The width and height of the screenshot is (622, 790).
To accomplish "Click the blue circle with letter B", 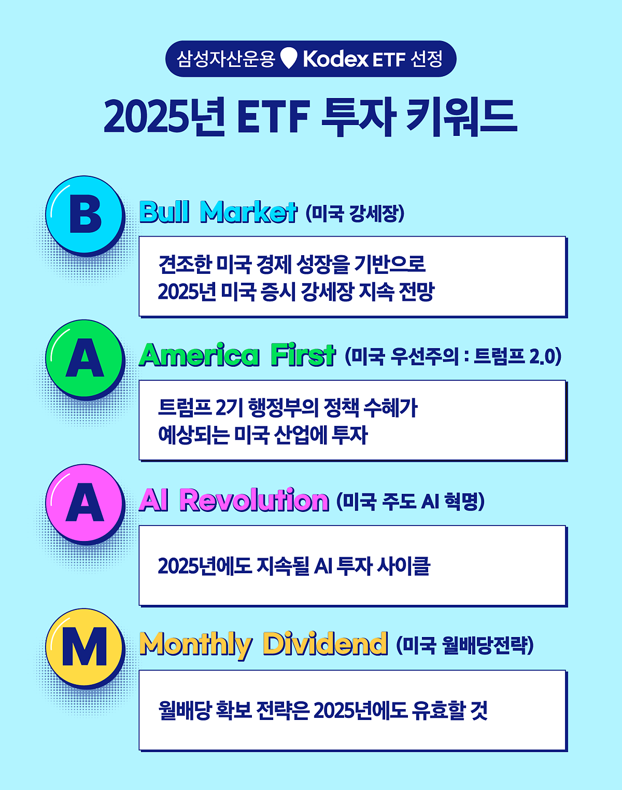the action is pos(84,214).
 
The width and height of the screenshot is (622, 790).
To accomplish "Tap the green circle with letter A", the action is pos(84,358).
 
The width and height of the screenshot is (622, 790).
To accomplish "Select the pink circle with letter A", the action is pos(84,503).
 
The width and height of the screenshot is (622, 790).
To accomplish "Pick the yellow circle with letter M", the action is pos(84,647).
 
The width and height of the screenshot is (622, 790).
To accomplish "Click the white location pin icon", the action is pos(289,58).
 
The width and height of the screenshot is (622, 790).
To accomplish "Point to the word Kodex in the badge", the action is pos(335,59).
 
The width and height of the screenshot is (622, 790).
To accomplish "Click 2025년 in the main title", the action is pos(164,117).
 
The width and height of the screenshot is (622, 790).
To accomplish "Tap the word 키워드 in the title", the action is pos(462,117).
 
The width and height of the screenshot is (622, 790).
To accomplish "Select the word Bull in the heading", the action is pos(164,212).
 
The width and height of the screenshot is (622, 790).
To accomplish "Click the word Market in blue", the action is pos(248,212).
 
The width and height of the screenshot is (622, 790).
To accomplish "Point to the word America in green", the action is pos(199,355).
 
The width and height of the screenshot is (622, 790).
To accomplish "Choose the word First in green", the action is pos(303,355).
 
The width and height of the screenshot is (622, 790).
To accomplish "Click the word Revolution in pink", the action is pos(255,500).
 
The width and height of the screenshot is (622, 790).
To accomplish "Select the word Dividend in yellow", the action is pos(326,644).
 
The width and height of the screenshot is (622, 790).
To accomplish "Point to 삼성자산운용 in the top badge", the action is pos(225,59).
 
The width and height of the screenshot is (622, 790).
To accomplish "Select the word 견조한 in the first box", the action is pos(185,264).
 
